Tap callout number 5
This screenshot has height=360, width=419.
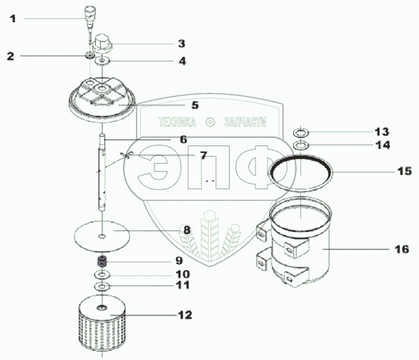tap(194, 105)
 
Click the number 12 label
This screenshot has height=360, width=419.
tap(185, 315)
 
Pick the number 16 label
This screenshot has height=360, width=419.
tap(401, 249)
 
